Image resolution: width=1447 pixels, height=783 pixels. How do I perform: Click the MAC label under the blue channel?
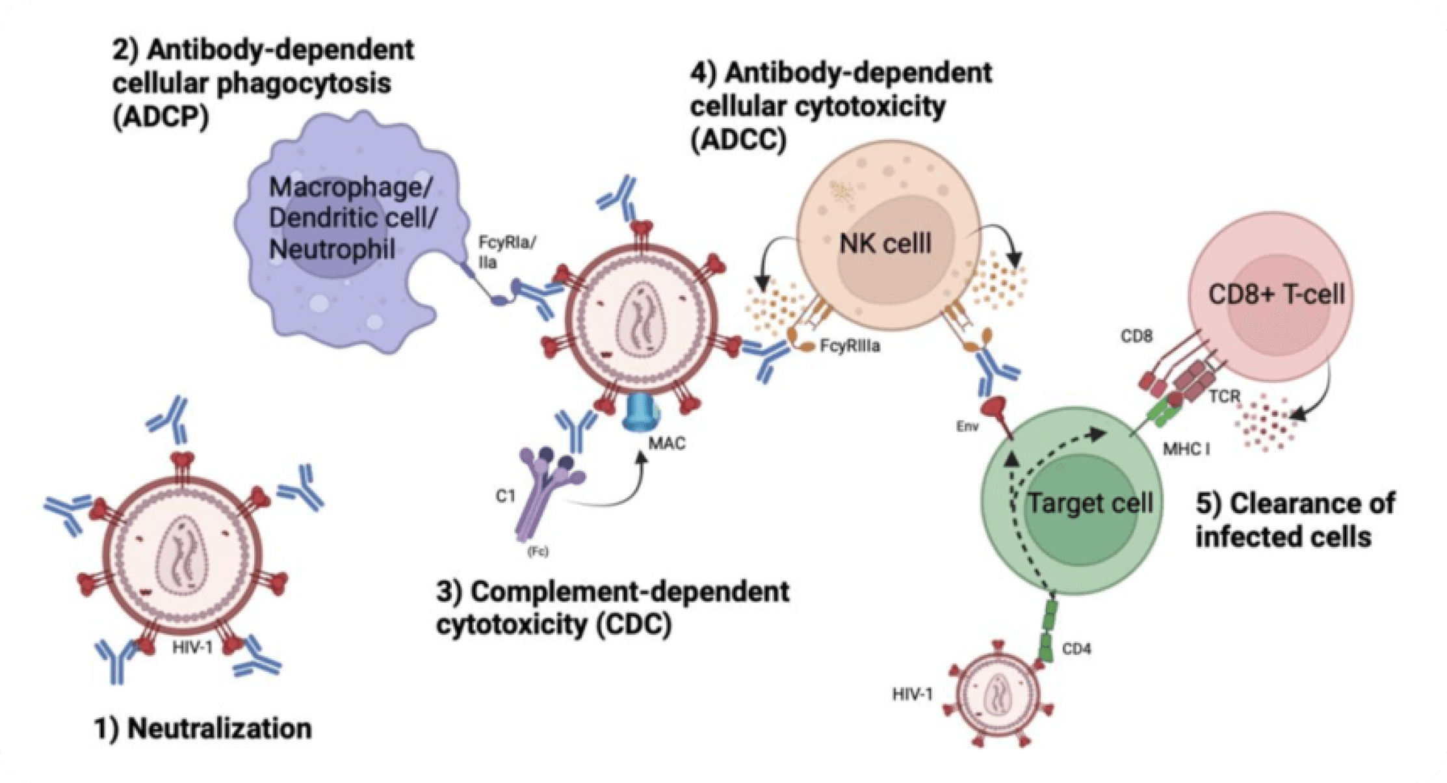click(x=666, y=444)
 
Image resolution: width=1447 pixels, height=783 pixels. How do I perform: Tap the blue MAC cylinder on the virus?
click(x=640, y=412)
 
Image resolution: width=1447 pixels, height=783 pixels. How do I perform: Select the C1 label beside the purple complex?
click(x=505, y=496)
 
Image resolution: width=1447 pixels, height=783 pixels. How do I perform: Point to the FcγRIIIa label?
click(x=850, y=346)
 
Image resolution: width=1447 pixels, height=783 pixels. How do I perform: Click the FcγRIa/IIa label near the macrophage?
click(x=506, y=252)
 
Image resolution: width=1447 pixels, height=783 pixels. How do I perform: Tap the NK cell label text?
click(x=885, y=244)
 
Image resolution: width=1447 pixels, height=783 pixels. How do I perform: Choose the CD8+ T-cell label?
click(x=1275, y=295)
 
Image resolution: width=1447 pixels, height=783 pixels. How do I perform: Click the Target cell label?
click(x=1089, y=503)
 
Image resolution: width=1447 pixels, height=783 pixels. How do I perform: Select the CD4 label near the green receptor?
click(x=1076, y=649)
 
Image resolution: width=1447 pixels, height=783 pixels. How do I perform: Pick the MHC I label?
click(x=1186, y=449)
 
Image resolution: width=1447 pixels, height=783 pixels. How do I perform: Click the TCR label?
click(x=1224, y=396)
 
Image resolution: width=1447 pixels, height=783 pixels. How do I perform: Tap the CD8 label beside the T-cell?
click(x=1136, y=336)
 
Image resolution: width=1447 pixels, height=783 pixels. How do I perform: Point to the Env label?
click(x=967, y=427)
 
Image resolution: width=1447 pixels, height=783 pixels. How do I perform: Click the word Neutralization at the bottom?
click(x=219, y=728)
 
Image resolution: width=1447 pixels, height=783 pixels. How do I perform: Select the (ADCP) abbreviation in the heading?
click(x=161, y=118)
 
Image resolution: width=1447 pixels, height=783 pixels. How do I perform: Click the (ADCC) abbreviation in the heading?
click(x=738, y=140)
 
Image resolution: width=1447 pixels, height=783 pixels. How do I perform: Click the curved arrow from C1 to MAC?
click(x=618, y=498)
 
